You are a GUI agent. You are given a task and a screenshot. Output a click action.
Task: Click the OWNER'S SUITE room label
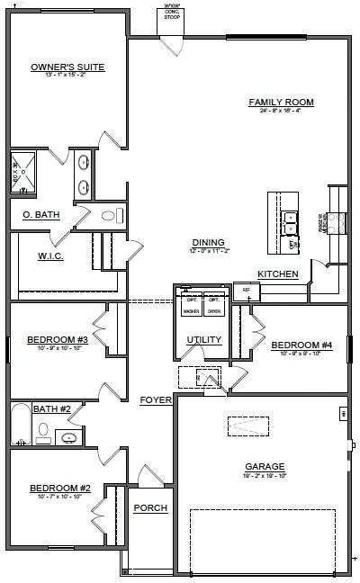67,67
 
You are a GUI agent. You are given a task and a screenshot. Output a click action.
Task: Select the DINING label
208,242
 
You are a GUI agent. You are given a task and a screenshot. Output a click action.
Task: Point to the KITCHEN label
278,274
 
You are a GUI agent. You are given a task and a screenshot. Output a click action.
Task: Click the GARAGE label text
265,466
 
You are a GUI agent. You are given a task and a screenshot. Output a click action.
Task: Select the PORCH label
150,508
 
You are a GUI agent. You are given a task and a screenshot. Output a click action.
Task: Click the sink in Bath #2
68,437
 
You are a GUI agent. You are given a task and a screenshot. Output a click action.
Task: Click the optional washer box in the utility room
191,304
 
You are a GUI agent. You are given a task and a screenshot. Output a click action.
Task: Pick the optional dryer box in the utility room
214,304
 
